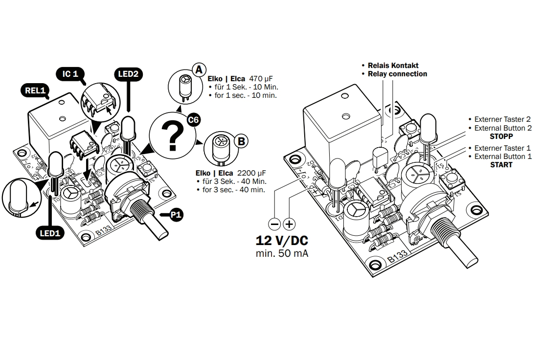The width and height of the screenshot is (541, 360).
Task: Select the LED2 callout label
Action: (x=128, y=74)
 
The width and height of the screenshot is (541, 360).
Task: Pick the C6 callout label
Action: (x=194, y=120)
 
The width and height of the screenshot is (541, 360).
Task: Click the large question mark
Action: (x=172, y=137)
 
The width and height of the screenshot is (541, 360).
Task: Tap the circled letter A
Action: (x=198, y=69)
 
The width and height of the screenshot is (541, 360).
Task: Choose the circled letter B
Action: (x=241, y=141)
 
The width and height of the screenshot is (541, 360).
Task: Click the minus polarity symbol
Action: (x=275, y=225)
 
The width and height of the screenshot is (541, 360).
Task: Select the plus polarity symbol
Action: (x=290, y=225)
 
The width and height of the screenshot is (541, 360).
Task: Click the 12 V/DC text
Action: (x=282, y=241)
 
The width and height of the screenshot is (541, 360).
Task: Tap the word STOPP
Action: (x=501, y=136)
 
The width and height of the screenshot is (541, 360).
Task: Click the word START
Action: (x=501, y=165)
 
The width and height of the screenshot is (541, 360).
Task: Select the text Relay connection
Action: (x=397, y=74)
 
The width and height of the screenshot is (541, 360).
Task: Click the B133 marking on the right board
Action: (x=397, y=256)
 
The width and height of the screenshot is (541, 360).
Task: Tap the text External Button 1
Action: (x=503, y=157)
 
